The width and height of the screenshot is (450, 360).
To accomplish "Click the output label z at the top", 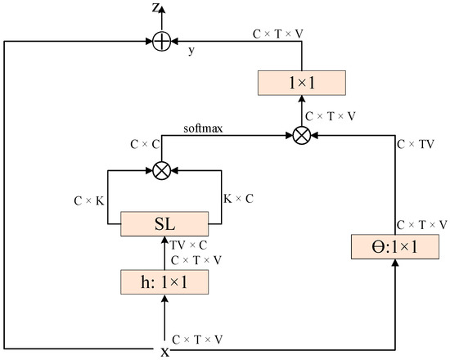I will (x=155, y=8).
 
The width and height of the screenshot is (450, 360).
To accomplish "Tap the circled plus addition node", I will (x=162, y=38).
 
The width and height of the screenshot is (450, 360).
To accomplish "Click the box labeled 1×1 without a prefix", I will (x=303, y=83).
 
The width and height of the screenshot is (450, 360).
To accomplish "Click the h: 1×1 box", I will (x=162, y=283).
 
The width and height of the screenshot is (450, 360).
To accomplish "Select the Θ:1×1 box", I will (x=396, y=246).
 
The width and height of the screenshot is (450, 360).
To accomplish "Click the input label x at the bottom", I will (x=164, y=351).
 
